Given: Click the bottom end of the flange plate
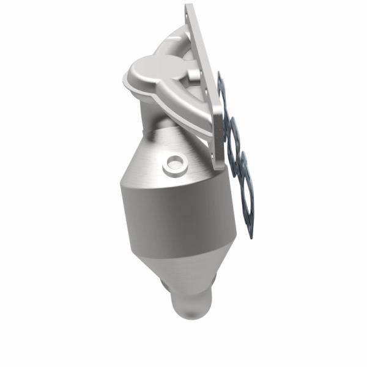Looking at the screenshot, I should tap(219, 165).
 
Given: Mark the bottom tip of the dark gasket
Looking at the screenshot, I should tap(250, 235).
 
